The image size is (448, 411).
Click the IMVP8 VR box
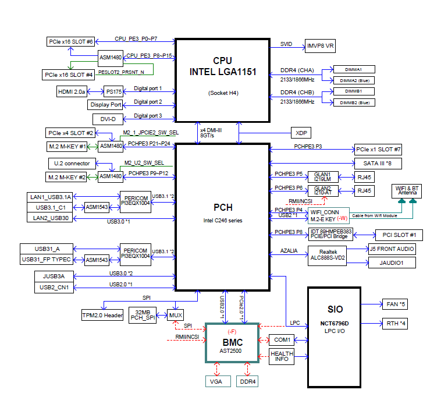[320, 45]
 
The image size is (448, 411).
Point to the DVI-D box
[108, 119]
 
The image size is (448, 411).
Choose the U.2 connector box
[69, 164]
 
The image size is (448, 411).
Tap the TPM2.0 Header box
[102, 316]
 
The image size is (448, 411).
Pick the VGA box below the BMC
[215, 382]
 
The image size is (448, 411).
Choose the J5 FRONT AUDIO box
[392, 249]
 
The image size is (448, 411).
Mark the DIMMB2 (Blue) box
[354, 102]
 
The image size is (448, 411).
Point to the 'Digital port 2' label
[148, 102]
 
